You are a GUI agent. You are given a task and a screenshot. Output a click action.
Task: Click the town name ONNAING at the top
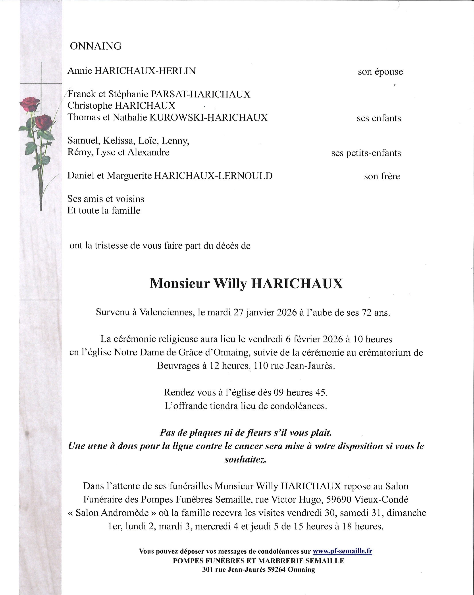(x=96, y=46)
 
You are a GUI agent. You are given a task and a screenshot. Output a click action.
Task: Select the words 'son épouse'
(x=380, y=72)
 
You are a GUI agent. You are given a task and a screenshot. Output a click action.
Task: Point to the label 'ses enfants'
(x=379, y=118)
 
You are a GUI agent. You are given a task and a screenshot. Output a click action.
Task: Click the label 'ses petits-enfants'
(x=366, y=153)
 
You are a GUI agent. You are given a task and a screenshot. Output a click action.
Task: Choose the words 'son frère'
(x=382, y=176)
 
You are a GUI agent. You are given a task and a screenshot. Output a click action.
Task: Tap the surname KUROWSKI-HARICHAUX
(x=208, y=118)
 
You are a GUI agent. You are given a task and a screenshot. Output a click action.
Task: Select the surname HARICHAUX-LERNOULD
(x=213, y=176)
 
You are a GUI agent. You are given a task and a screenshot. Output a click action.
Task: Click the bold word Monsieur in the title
(x=180, y=283)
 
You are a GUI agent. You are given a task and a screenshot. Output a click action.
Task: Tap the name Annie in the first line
(x=80, y=71)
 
